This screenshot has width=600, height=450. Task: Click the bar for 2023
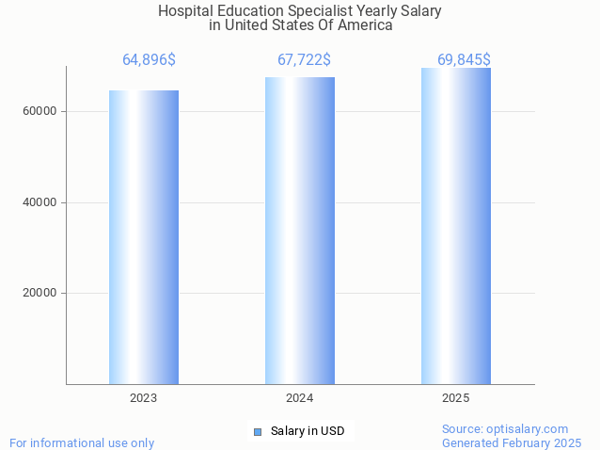144,236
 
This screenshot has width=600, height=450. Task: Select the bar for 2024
300,230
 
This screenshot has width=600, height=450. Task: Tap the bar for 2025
456,225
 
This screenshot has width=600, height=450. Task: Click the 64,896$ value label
149,60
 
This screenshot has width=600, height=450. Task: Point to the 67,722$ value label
304,60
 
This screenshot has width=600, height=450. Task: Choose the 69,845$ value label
464,60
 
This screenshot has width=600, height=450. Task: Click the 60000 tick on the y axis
39,111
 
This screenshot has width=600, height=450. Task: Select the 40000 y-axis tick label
39,202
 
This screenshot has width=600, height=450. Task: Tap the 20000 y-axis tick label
39,293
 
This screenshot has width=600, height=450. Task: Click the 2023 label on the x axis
144,399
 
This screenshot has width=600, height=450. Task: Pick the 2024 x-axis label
300,399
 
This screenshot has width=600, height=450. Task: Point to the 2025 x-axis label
456,399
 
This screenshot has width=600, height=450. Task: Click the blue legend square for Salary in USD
258,432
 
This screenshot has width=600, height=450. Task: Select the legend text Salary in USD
308,432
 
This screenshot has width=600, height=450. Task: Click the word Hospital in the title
185,11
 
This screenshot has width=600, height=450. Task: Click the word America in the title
364,25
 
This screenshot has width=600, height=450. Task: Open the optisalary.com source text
505,429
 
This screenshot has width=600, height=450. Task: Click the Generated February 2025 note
512,442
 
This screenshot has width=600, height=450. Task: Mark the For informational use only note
82,442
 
